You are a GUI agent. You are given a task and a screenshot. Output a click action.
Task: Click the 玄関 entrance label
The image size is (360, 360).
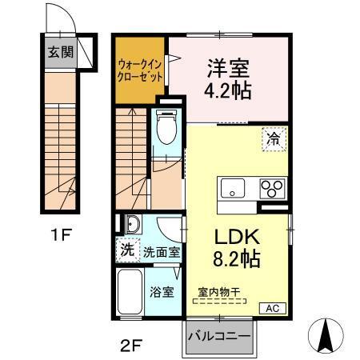(x=59, y=54)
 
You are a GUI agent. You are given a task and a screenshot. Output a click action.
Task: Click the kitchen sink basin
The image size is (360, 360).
(x=234, y=189)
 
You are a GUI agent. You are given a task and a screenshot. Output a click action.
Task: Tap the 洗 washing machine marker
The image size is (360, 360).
(x=126, y=250)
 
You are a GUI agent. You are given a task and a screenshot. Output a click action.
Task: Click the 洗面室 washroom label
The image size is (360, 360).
(x=162, y=251)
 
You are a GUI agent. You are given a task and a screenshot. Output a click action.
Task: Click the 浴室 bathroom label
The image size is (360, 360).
(x=162, y=292)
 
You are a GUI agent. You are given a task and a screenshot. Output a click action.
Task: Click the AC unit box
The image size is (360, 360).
(x=273, y=308)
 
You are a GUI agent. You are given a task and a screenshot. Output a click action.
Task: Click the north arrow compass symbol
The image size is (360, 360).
(x=326, y=334)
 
